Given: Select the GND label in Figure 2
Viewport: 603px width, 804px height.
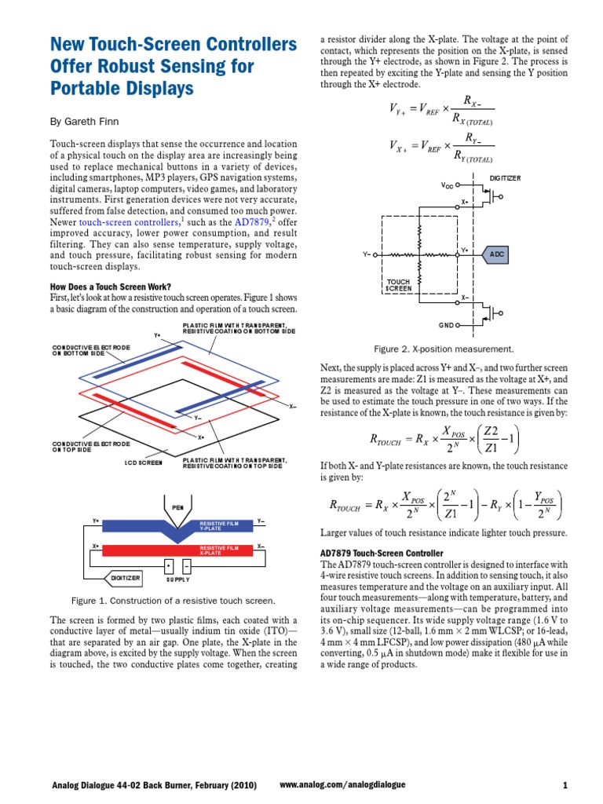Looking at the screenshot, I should [446, 324].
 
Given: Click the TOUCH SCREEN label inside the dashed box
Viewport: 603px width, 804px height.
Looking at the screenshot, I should [399, 285].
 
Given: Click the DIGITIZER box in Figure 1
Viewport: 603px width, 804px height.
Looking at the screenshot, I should [126, 578].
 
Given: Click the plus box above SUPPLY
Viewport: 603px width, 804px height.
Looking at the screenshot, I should [169, 565].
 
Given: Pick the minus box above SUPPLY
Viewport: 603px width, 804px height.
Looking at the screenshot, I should [186, 565].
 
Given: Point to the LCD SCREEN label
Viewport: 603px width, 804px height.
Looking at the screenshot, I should [144, 463].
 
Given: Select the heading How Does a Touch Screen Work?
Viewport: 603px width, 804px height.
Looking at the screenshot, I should [111, 286].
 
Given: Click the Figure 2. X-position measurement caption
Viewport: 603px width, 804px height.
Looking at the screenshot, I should [444, 349].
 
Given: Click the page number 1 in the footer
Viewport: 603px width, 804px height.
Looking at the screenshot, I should [565, 784].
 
